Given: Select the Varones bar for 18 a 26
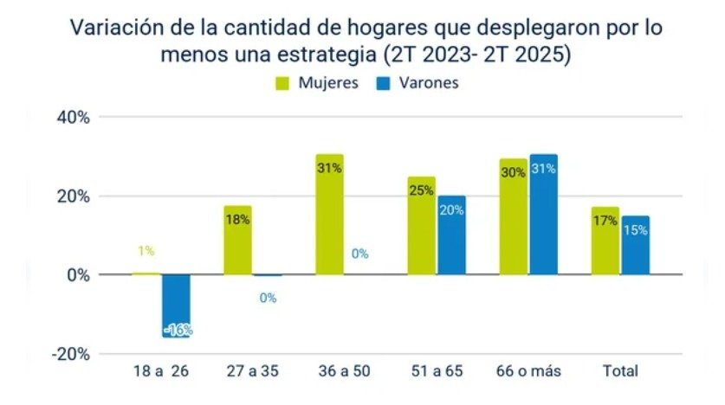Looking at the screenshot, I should tap(177, 305).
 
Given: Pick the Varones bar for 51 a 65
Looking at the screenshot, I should tap(451, 235).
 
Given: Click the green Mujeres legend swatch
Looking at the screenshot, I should tap(283, 83).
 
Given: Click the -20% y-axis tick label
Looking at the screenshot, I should tap(72, 354).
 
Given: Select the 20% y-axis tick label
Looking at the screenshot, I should tap(74, 196).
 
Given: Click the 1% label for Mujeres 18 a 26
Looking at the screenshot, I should tap(146, 251).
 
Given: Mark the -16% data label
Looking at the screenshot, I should tap(177, 330).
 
